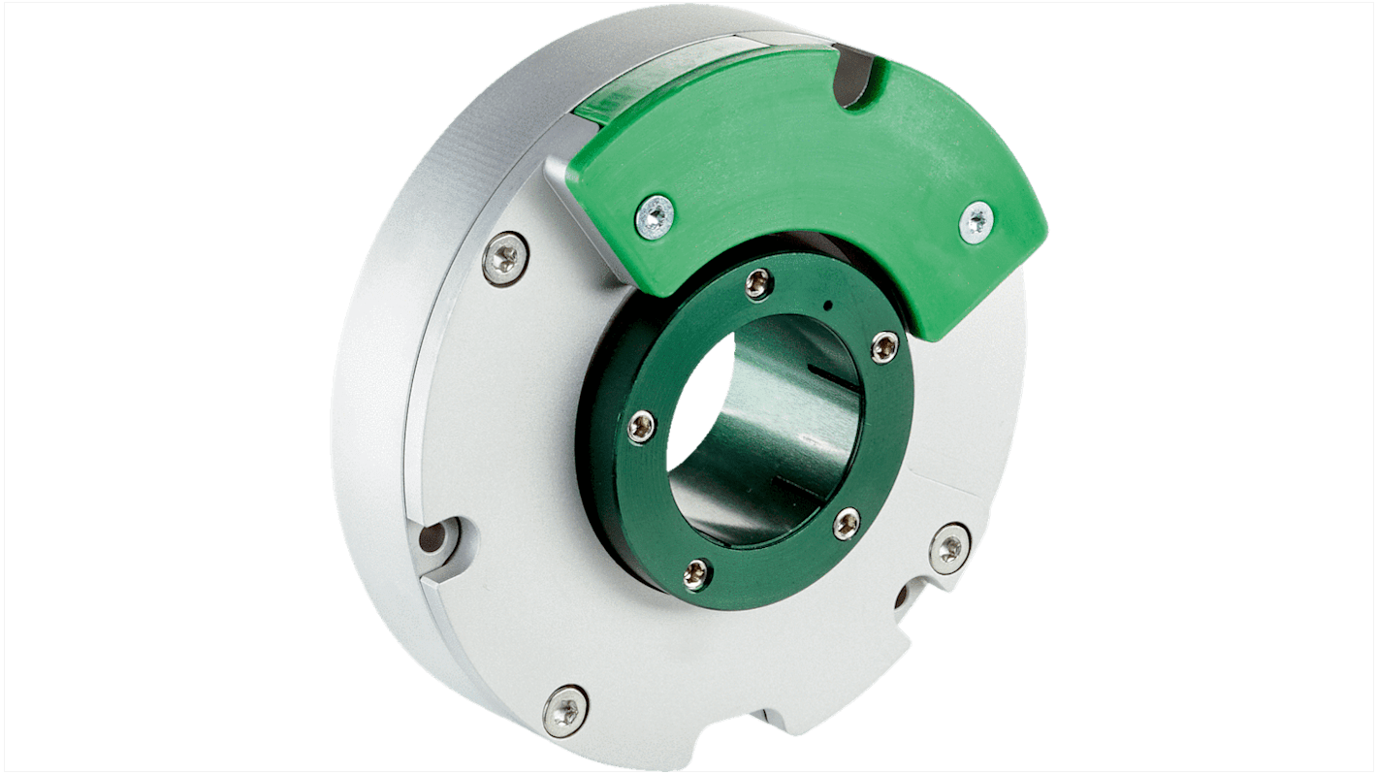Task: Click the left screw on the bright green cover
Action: [656, 216]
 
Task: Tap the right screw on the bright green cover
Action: [976, 221]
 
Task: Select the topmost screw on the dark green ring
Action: [758, 282]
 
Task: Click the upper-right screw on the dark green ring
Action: [883, 346]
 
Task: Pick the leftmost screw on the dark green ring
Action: [641, 427]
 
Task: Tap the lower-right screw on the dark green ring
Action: [846, 524]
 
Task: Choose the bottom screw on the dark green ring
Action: [696, 574]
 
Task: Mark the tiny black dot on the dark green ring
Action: [827, 306]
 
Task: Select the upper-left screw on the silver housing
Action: [505, 257]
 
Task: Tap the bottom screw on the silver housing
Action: [565, 711]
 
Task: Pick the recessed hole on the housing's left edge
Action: [433, 536]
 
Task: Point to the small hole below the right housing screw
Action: [902, 595]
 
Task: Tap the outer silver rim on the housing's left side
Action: [373, 388]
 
